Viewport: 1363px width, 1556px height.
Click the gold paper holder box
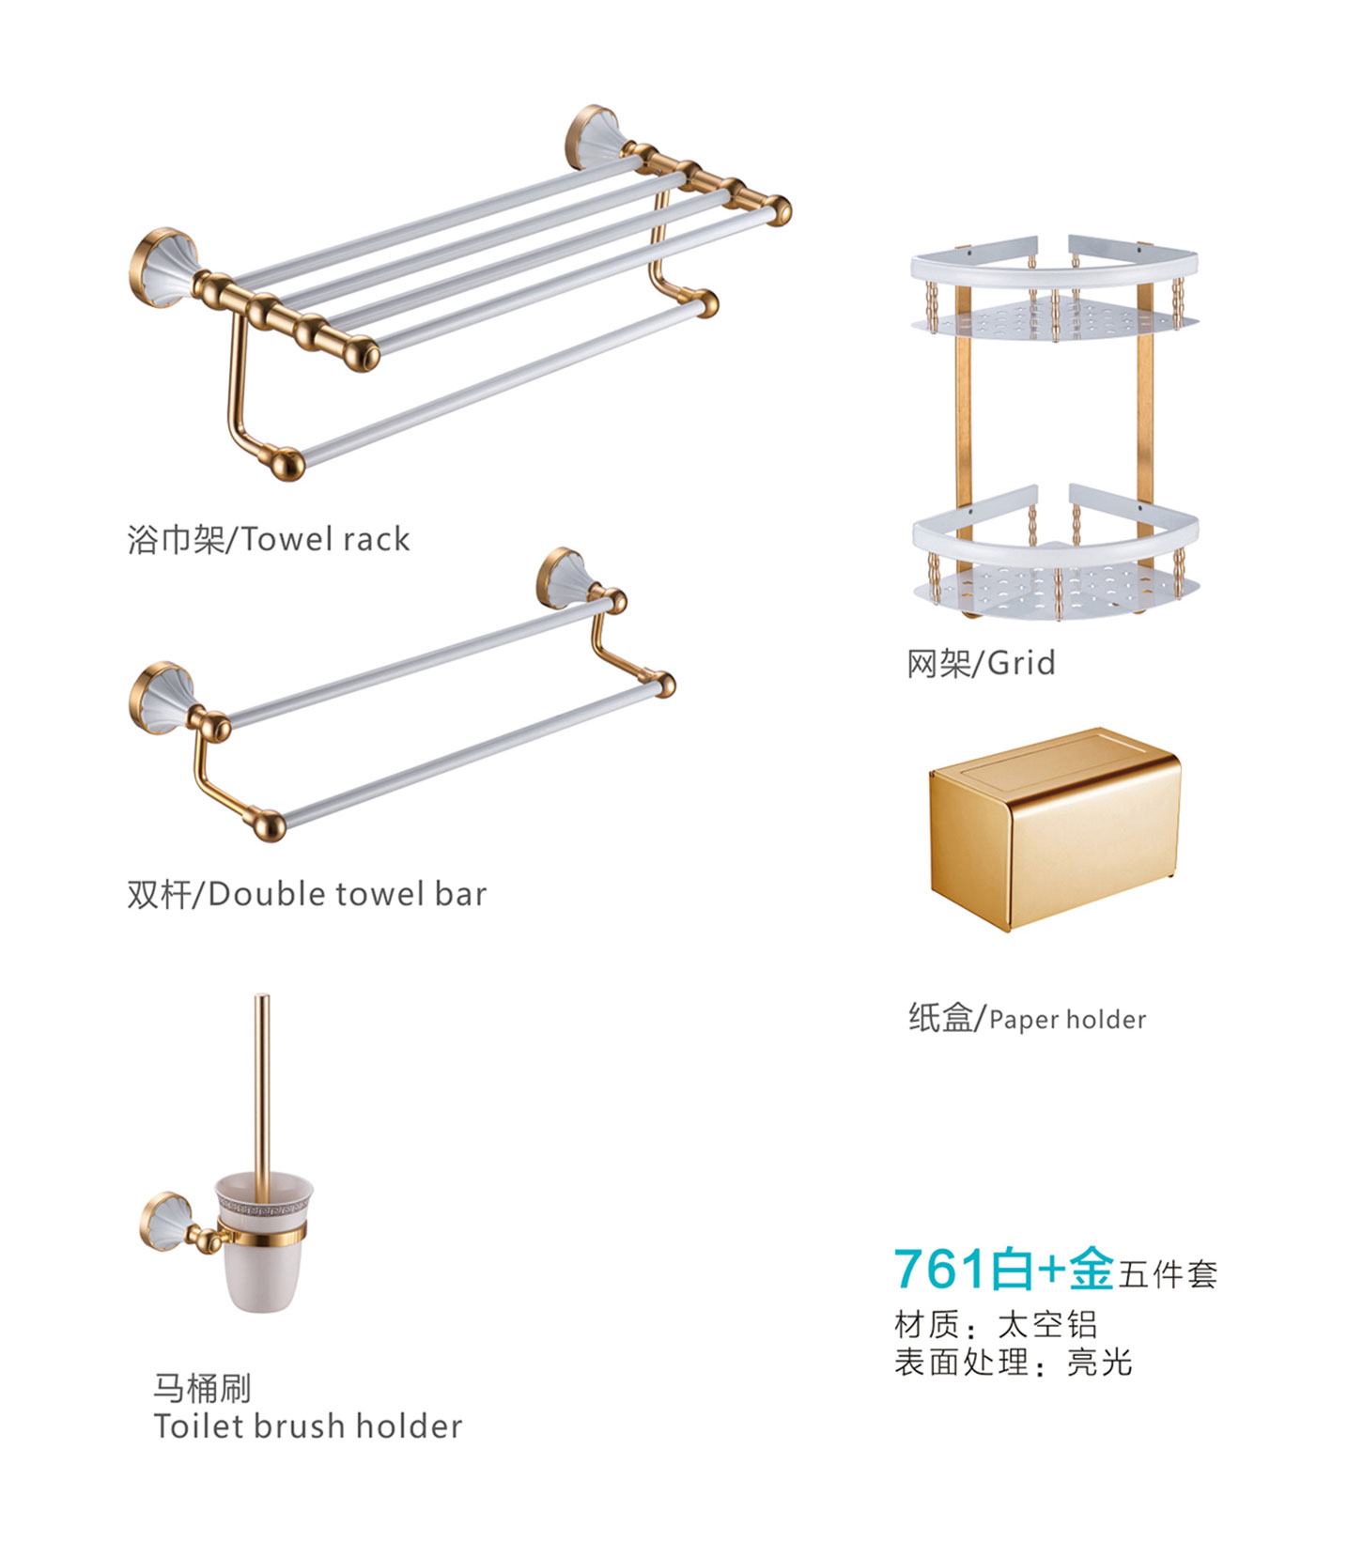[1054, 829]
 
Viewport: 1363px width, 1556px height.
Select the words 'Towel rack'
[326, 539]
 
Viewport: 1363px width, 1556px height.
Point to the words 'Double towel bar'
[348, 894]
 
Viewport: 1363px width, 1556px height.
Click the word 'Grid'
[1021, 663]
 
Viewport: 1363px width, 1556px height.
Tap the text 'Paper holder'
[1068, 1019]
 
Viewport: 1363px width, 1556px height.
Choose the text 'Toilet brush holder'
[308, 1426]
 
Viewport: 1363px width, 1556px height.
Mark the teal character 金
[1092, 1269]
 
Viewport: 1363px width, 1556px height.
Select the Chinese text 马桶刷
[202, 1388]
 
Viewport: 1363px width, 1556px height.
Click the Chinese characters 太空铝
[1047, 1325]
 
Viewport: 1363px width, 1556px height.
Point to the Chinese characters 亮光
[1099, 1362]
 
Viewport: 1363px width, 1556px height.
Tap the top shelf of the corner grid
[1055, 290]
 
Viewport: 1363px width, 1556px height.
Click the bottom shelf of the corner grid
[1057, 553]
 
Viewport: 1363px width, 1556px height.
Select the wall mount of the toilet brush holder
[172, 1221]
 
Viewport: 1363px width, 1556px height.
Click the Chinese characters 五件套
[1168, 1274]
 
